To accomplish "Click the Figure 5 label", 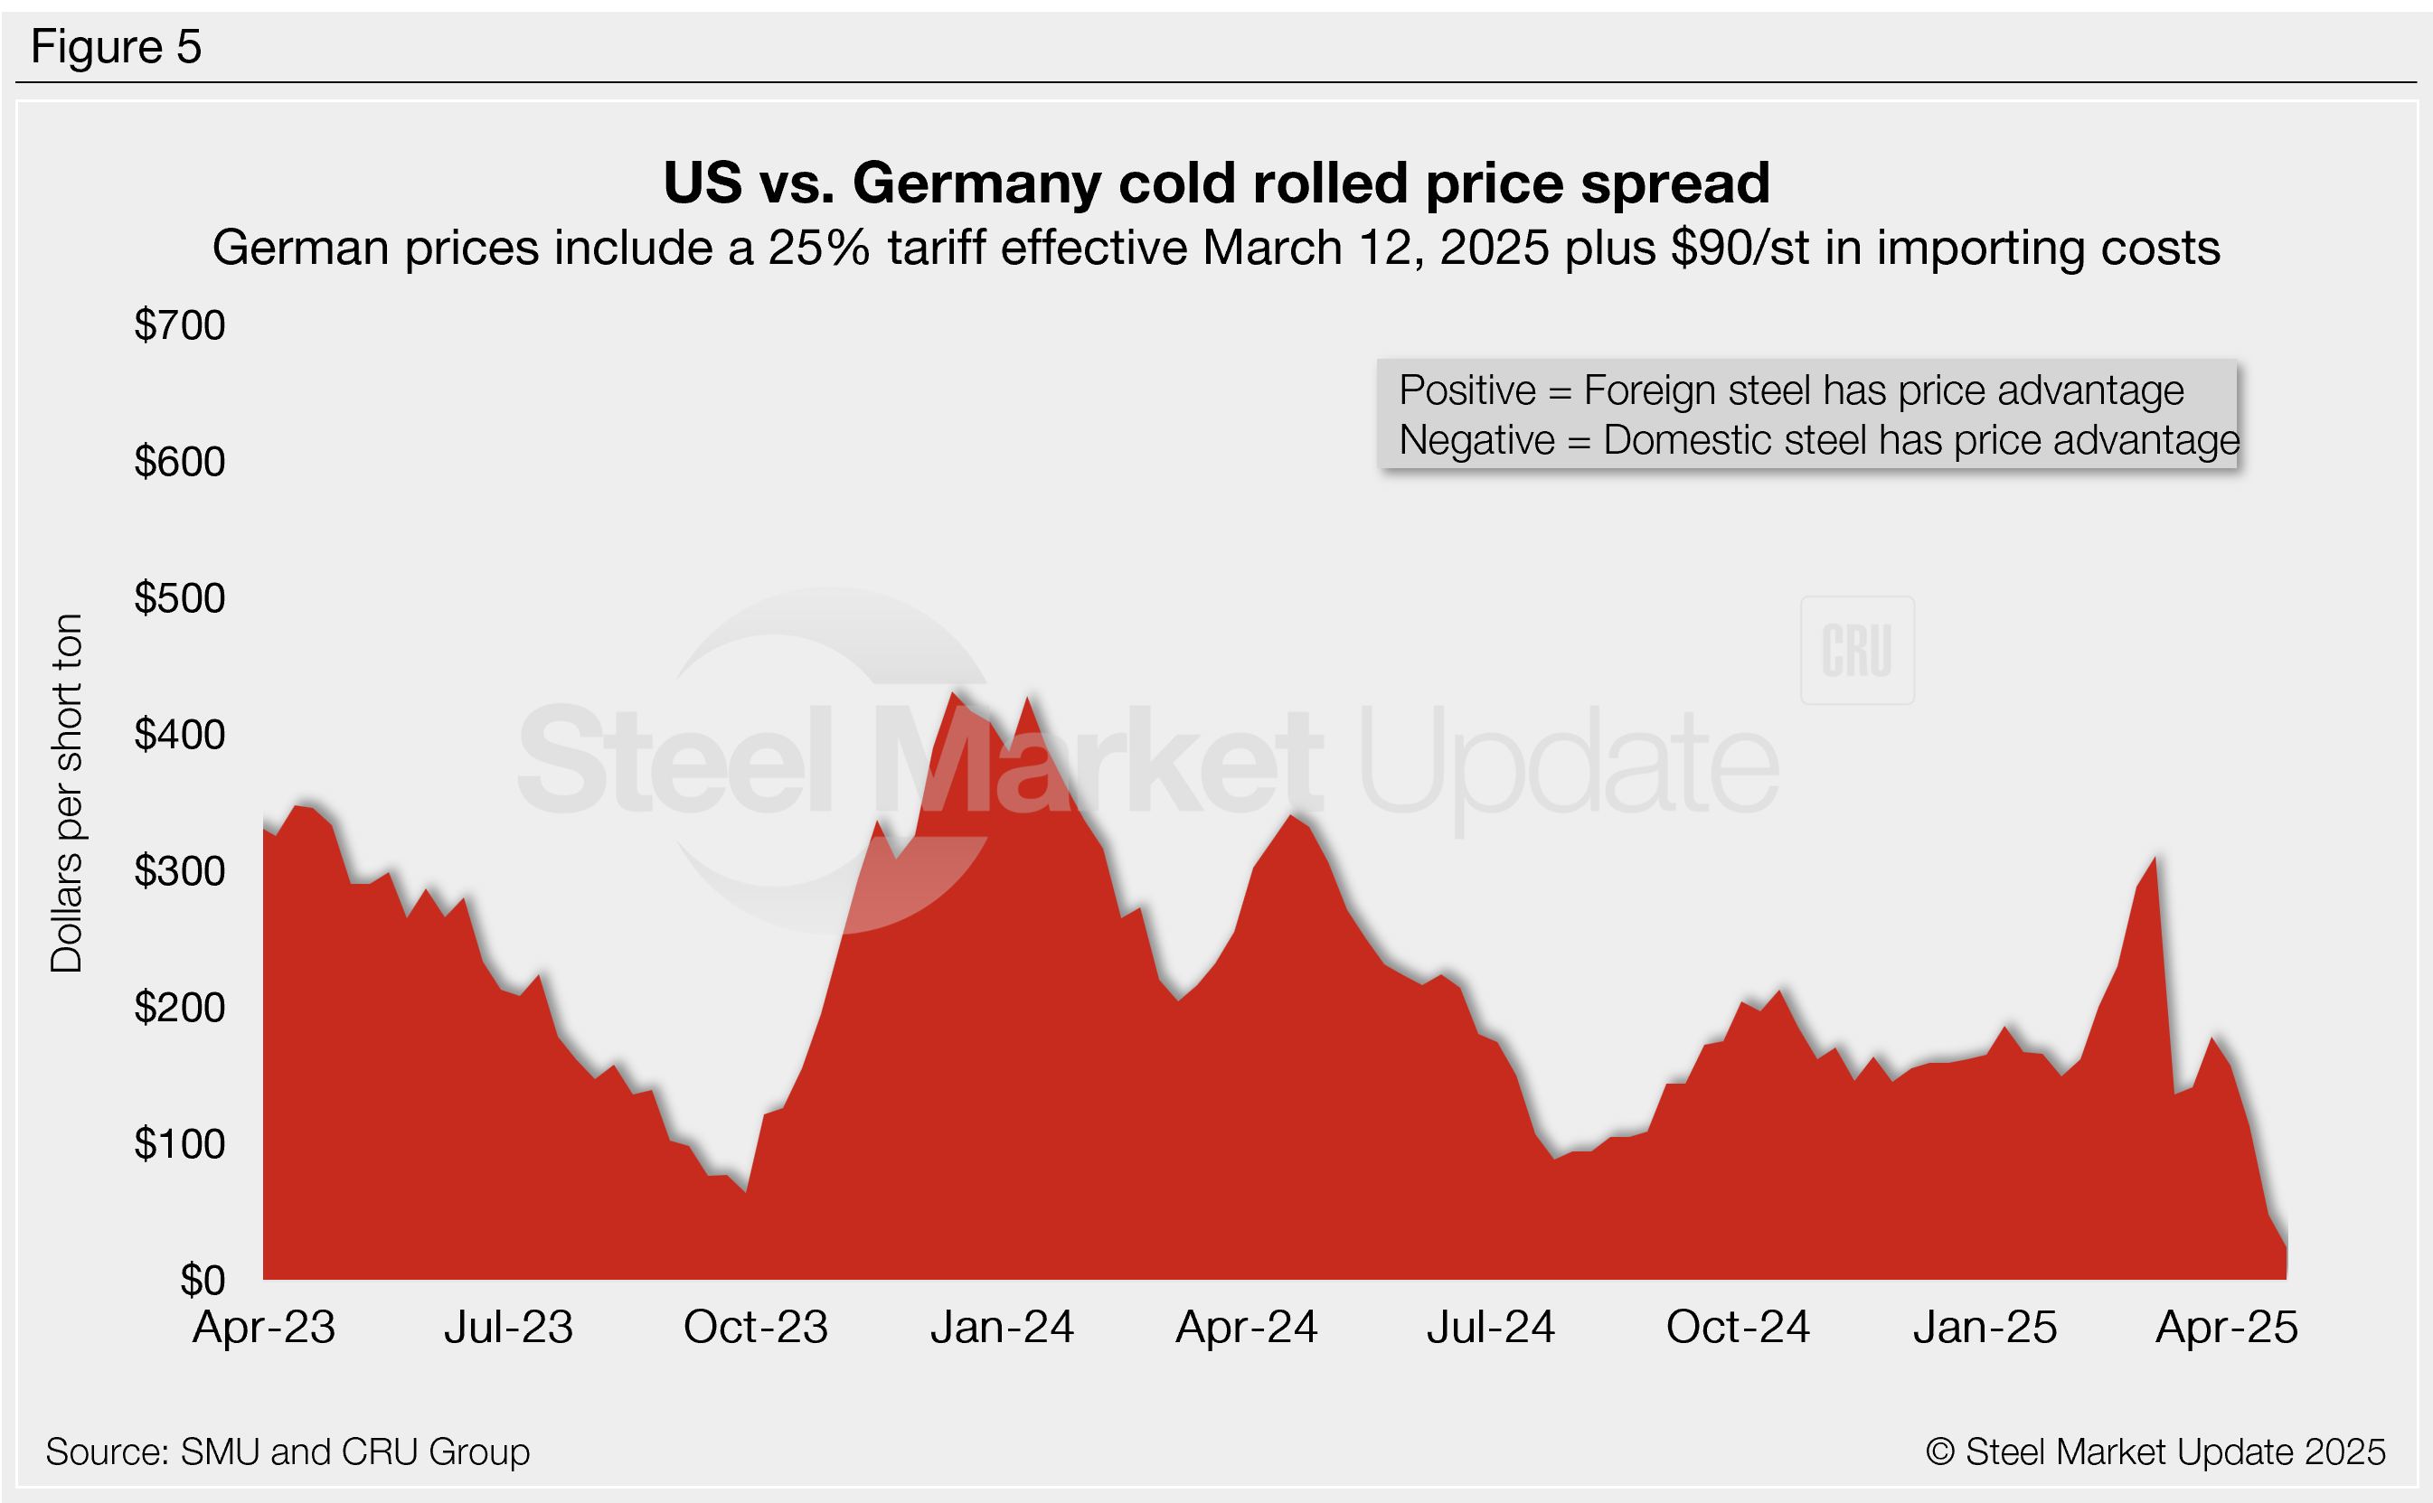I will point(116,47).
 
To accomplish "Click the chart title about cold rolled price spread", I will point(1216,183).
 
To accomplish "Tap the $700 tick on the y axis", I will point(180,325).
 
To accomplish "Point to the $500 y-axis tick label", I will point(180,598).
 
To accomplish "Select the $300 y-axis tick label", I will point(180,872).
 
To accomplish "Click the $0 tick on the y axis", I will point(202,1281).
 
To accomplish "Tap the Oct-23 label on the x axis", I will point(756,1327).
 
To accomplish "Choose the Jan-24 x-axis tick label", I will point(1003,1327).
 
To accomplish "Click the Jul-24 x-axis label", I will point(1490,1327).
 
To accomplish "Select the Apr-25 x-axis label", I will point(2226,1327).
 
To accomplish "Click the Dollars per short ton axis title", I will point(67,793).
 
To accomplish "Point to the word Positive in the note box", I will point(1466,390).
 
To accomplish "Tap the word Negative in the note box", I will point(1476,440).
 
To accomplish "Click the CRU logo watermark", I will point(1856,651).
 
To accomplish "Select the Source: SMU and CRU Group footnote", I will point(288,1452).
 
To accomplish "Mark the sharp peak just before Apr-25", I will point(2154,858).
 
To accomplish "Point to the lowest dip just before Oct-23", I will point(746,1191).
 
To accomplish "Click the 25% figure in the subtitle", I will point(818,248).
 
